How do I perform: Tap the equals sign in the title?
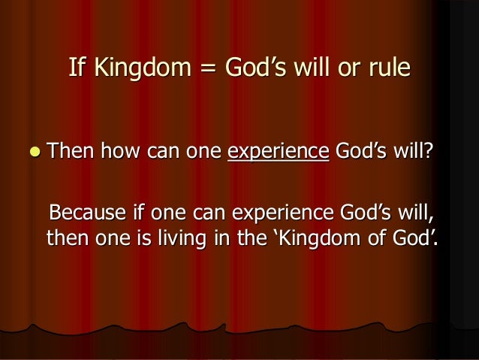(204, 69)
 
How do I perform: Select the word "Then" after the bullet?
(71, 153)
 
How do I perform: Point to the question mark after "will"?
(429, 153)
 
